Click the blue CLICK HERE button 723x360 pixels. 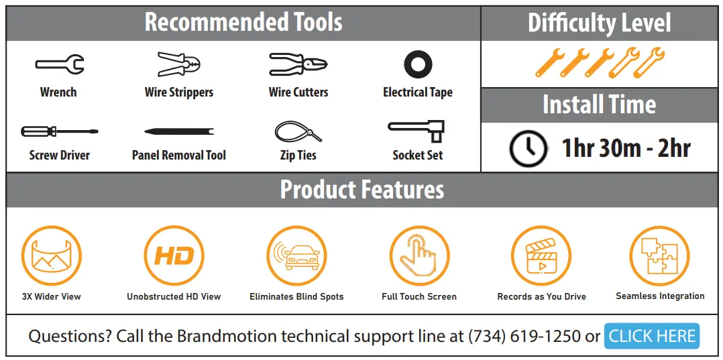click(651, 336)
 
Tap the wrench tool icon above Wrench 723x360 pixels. click(59, 65)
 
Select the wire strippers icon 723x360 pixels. click(179, 64)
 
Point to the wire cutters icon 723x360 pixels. click(298, 64)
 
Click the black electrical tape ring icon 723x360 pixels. click(418, 65)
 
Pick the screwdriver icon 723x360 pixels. click(59, 131)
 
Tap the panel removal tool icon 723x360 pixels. click(178, 131)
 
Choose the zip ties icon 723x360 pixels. click(298, 130)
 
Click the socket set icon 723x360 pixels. click(417, 130)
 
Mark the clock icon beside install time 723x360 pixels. click(528, 147)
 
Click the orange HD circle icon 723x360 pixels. click(174, 255)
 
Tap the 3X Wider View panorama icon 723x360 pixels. click(52, 255)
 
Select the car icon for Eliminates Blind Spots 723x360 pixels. click(296, 255)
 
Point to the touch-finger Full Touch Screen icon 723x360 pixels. click(419, 255)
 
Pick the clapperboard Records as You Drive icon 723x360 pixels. click(541, 255)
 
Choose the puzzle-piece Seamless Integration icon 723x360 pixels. click(659, 255)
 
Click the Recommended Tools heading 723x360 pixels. click(243, 23)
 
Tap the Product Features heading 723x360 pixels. click(361, 190)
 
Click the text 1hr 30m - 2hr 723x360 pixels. click(626, 147)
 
